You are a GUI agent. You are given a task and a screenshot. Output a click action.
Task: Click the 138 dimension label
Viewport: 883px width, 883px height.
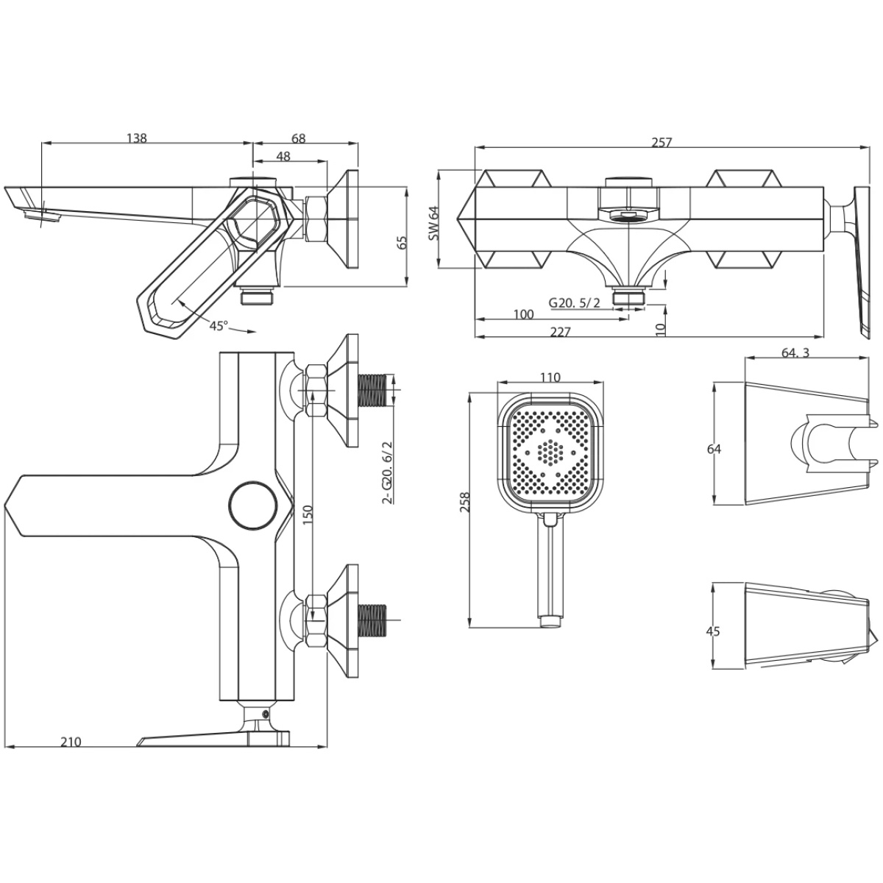click(137, 138)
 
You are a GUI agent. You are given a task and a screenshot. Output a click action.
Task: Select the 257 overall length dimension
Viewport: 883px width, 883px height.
click(662, 143)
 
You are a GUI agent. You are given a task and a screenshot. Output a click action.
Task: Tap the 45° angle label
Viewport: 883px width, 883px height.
click(219, 326)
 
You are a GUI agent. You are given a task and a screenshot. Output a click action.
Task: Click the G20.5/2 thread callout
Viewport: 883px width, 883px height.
click(574, 303)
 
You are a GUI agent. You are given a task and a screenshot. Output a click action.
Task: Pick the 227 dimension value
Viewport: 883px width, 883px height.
click(561, 332)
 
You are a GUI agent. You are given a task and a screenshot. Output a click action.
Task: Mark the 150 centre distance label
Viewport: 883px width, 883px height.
click(308, 514)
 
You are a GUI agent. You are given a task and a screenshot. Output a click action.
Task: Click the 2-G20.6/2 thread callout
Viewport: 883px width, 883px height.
click(387, 472)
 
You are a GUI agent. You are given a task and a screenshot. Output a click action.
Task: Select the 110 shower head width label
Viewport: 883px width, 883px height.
click(550, 377)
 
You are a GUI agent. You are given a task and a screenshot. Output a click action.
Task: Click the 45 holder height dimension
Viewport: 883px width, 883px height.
click(713, 631)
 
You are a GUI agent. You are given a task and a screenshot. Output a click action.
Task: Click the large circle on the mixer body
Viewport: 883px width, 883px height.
click(253, 506)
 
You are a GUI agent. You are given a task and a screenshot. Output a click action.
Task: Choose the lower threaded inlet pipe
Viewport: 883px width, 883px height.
click(372, 621)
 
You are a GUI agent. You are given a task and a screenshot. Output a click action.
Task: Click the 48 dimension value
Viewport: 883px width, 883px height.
click(283, 156)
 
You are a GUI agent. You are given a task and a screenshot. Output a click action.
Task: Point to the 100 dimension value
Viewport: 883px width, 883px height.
click(524, 314)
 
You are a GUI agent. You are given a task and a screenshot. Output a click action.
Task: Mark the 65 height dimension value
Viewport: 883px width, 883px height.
click(402, 242)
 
